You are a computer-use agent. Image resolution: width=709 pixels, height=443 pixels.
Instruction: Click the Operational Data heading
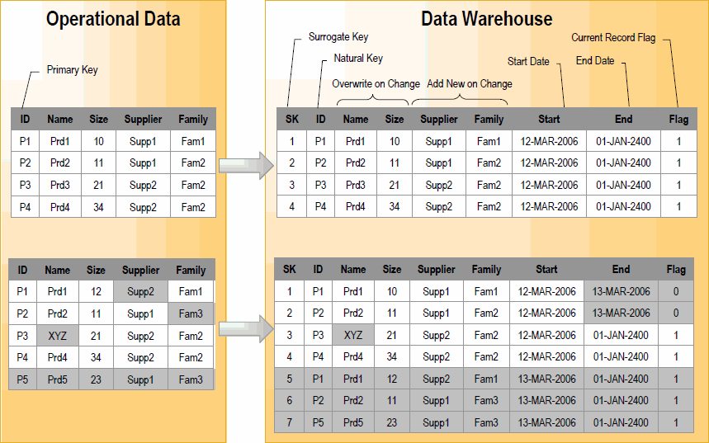[113, 19]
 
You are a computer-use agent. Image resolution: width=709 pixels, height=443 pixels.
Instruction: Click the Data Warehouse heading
[486, 19]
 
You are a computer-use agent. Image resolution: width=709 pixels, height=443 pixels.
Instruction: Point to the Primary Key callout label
[72, 70]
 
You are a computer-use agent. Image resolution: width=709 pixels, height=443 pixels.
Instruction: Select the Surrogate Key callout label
[338, 37]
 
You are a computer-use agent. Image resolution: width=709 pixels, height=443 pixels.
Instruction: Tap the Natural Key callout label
[358, 59]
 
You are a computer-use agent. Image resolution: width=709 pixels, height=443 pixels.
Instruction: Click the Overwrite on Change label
[376, 84]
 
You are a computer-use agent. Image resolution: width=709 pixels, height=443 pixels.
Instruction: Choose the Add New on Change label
[469, 84]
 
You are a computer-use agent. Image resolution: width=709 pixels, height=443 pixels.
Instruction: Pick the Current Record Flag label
[613, 38]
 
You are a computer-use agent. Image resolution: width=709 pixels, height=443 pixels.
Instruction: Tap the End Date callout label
[595, 61]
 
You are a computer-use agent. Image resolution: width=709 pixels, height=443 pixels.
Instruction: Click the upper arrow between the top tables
[246, 164]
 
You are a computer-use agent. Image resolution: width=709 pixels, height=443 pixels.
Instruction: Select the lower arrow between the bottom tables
[246, 328]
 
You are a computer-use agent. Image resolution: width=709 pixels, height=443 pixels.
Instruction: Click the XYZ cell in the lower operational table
[58, 336]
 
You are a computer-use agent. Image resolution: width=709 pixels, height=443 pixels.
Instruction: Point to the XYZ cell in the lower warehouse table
[352, 335]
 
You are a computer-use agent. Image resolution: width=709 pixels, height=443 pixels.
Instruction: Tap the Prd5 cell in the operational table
[58, 380]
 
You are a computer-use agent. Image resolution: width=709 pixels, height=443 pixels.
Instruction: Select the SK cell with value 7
[289, 423]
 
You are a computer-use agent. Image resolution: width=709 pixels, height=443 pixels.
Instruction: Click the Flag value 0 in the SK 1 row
[676, 291]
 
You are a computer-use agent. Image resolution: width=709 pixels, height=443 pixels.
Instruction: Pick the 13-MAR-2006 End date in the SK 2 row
[621, 313]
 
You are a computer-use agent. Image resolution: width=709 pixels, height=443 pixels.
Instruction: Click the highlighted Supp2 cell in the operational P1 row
[141, 291]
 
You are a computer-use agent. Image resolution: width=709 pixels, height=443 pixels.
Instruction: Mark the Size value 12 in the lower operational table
[97, 291]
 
